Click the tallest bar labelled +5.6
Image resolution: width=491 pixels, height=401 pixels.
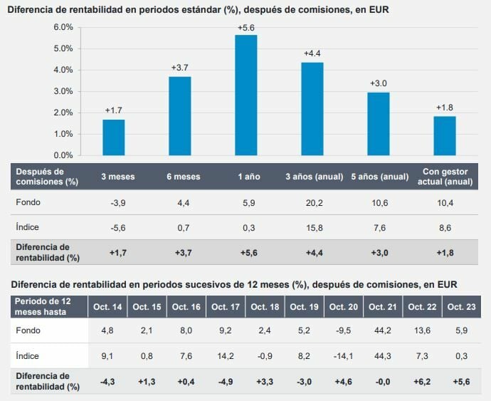click(246, 95)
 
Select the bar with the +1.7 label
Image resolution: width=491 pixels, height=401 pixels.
click(113, 137)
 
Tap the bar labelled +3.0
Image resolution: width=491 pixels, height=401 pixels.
click(379, 123)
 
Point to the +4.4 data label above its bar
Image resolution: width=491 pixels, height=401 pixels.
click(312, 53)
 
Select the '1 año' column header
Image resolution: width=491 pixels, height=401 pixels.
click(246, 177)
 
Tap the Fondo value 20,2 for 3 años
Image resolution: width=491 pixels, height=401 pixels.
click(313, 202)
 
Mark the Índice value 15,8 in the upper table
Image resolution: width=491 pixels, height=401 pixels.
click(313, 227)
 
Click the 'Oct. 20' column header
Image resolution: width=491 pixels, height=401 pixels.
click(344, 307)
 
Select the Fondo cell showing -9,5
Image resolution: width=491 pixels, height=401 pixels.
click(344, 330)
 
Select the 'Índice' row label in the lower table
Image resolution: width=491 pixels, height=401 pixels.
click(27, 355)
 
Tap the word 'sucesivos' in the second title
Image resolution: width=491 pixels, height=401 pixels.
click(208, 284)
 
